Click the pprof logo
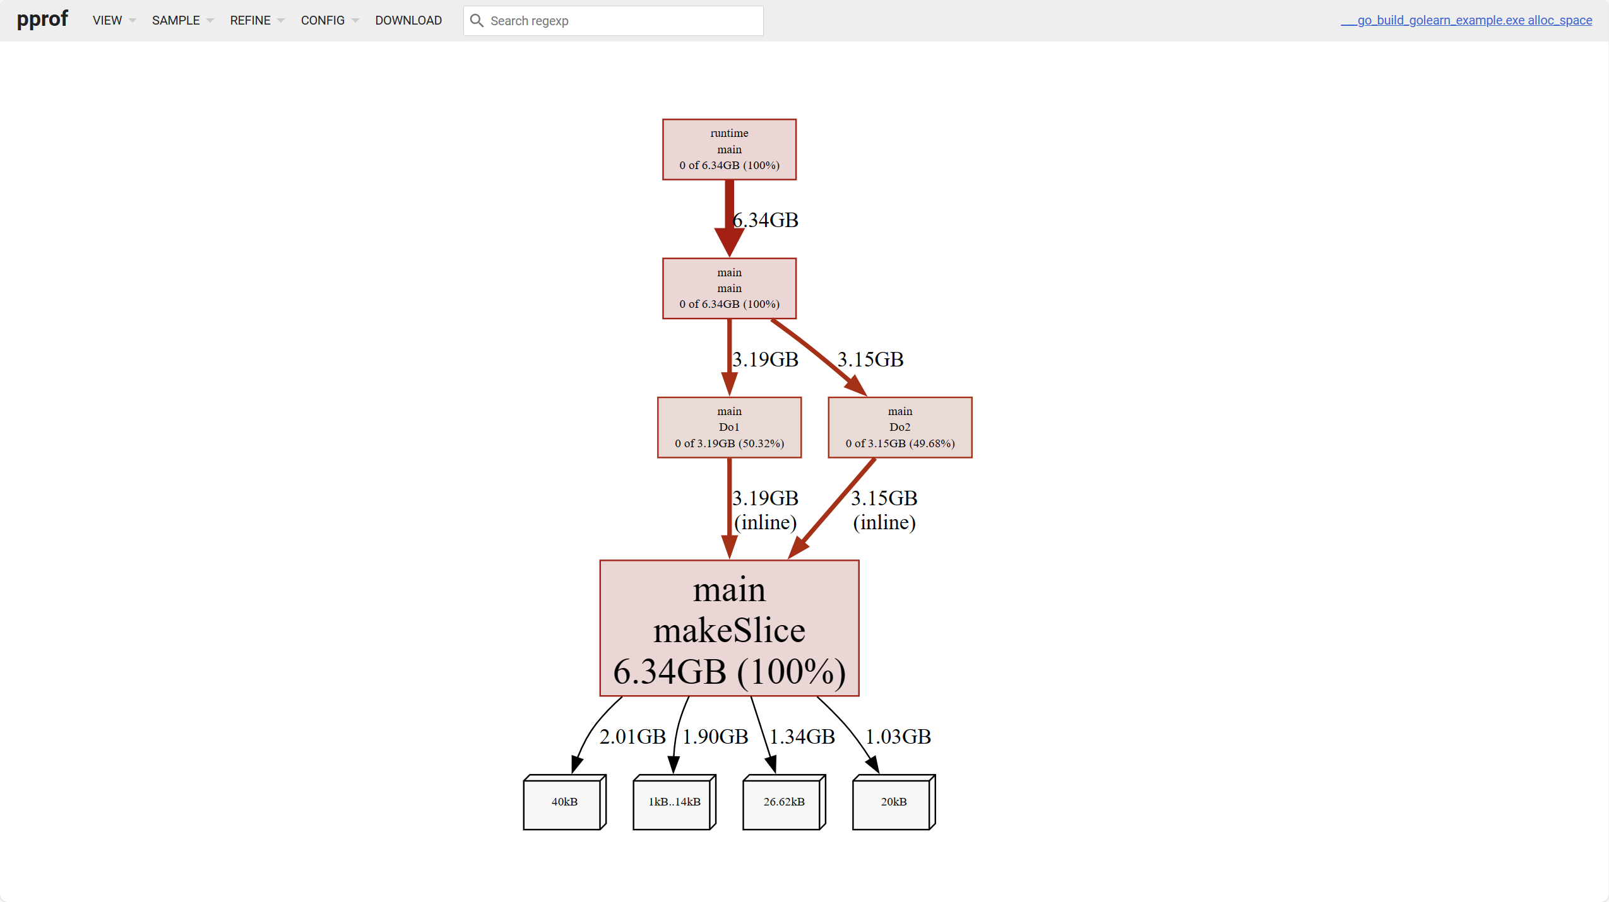point(42,20)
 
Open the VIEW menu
point(113,20)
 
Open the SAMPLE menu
point(182,20)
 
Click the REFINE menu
point(256,20)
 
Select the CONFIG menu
point(329,20)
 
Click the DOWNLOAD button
point(408,20)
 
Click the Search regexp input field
point(622,21)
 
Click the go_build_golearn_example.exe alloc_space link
point(1466,20)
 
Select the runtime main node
point(729,149)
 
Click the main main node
point(729,288)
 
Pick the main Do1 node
point(729,427)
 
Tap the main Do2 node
point(899,427)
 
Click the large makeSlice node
point(729,628)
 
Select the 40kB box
point(564,802)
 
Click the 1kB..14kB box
point(674,802)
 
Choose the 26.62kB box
point(783,802)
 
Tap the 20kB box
point(893,802)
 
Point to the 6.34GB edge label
point(766,220)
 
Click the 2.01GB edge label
point(632,736)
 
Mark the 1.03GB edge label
point(898,736)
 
